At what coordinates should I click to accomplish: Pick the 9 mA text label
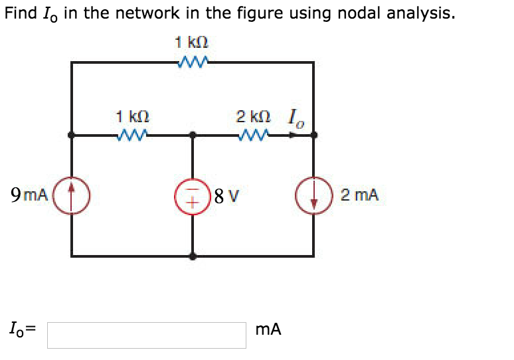click(29, 195)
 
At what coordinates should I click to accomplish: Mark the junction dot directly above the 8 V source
click(193, 135)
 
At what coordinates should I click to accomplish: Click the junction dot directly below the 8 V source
click(193, 255)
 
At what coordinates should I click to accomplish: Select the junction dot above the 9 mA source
click(72, 135)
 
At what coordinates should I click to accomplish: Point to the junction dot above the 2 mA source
click(313, 135)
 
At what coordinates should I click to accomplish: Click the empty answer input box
click(146, 335)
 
